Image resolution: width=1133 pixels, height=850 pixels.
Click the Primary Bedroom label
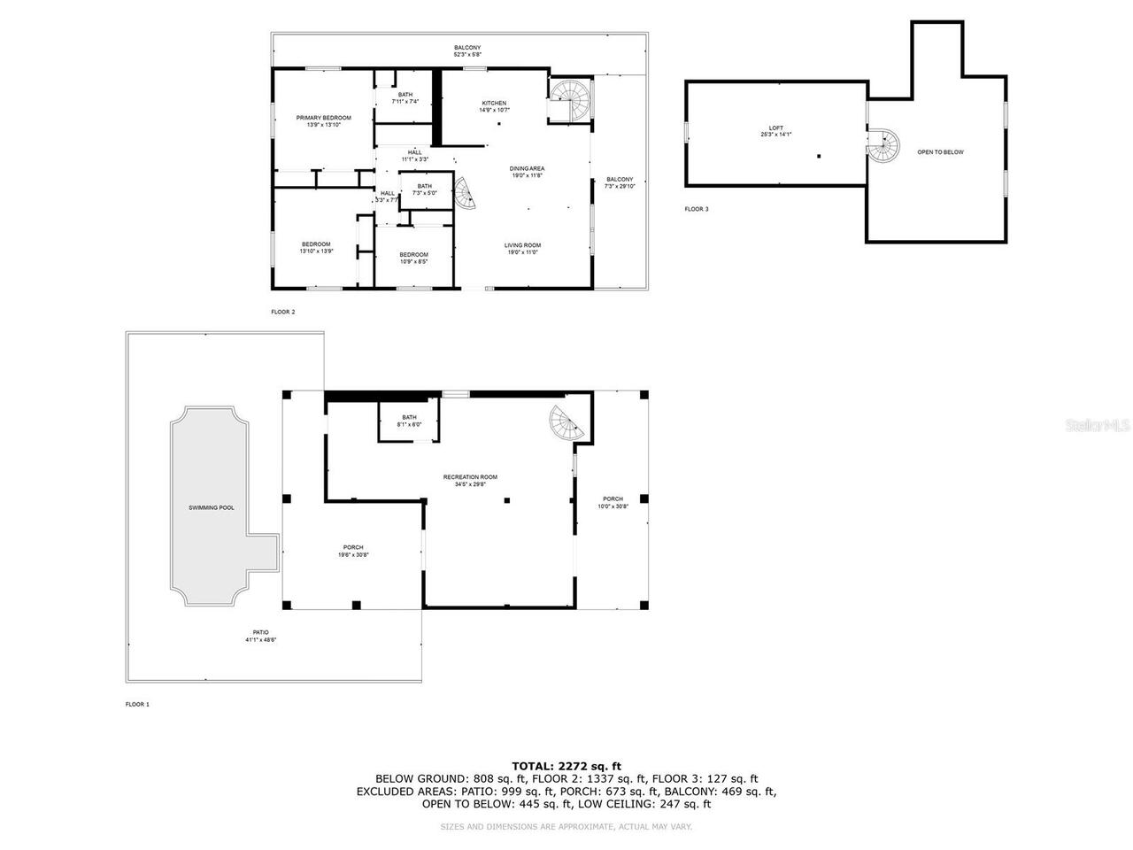pos(323,121)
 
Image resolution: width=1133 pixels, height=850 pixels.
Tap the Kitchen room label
pos(494,106)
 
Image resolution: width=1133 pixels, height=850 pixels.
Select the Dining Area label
pos(527,172)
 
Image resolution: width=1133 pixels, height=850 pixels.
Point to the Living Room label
pos(522,249)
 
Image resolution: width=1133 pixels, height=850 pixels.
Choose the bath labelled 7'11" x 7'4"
pos(405,98)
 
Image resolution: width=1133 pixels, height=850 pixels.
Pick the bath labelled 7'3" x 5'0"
pos(425,189)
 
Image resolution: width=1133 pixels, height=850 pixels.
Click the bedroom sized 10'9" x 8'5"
pos(413,259)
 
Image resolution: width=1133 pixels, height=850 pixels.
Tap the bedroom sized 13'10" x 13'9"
pos(316,248)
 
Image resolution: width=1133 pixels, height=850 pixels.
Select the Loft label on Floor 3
pos(775,131)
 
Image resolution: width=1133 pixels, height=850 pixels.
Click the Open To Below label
pos(940,152)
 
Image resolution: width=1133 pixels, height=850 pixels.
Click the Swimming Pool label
pos(212,508)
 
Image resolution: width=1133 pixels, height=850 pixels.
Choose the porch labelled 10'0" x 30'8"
pos(613,502)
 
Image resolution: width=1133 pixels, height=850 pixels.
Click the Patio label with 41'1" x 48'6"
pos(260,636)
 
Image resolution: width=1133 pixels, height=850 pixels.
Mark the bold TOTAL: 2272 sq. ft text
pos(566,766)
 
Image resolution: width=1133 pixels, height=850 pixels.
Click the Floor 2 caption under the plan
pos(283,312)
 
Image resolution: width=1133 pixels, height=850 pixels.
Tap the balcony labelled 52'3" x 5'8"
pos(467,51)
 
